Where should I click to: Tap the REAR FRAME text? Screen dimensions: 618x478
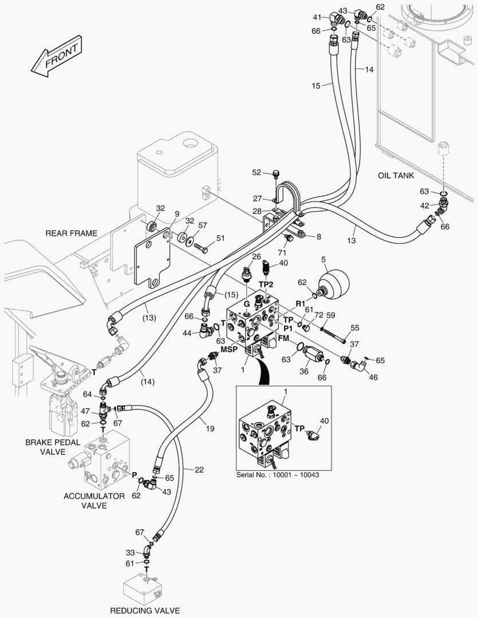pyautogui.click(x=72, y=233)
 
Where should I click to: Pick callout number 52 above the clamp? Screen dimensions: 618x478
pyautogui.click(x=256, y=172)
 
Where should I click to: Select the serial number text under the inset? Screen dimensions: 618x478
pyautogui.click(x=277, y=475)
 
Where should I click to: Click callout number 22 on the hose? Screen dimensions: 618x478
pyautogui.click(x=199, y=470)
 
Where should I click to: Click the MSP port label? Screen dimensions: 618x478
pyautogui.click(x=229, y=349)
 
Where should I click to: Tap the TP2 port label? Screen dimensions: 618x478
pyautogui.click(x=267, y=284)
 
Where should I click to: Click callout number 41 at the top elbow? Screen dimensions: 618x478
pyautogui.click(x=317, y=16)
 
